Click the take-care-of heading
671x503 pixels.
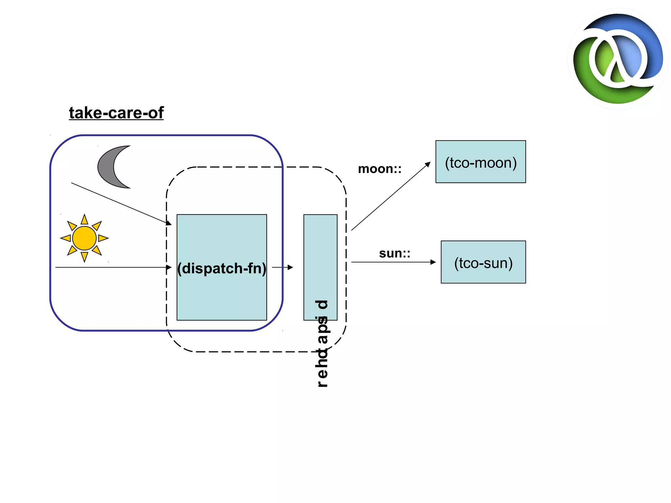click(x=116, y=113)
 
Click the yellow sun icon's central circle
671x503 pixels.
click(x=84, y=238)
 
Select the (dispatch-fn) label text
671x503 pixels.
click(x=222, y=268)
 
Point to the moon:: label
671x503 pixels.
click(x=380, y=169)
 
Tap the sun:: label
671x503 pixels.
click(x=394, y=253)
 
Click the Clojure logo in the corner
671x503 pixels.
click(x=618, y=59)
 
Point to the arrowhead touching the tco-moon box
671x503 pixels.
click(x=428, y=164)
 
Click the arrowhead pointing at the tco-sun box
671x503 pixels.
click(x=433, y=262)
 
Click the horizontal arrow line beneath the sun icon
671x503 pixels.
click(x=111, y=267)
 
